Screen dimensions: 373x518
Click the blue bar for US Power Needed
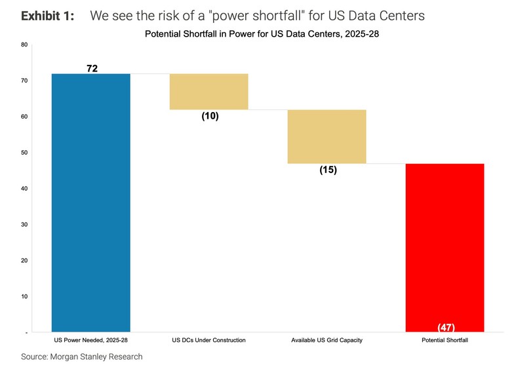coord(90,203)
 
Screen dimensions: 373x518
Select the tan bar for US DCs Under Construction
coord(209,92)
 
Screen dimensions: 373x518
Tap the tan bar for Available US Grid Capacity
coord(327,136)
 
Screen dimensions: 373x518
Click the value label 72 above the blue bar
coord(92,68)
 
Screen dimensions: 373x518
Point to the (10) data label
coord(210,116)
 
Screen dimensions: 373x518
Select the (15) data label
coord(328,170)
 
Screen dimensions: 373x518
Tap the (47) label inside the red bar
coord(445,327)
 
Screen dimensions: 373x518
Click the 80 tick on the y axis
coord(24,45)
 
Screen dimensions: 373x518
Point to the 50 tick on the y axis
coord(24,153)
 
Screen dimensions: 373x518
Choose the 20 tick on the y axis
coord(24,261)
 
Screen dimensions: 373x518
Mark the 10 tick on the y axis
coord(24,297)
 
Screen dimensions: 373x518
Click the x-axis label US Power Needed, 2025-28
coord(90,341)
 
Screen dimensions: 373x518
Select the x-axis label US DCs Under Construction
coord(209,341)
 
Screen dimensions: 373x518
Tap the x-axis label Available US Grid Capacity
coord(327,341)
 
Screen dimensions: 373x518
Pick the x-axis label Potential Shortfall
coord(445,341)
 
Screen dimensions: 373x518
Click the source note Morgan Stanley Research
coord(81,357)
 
